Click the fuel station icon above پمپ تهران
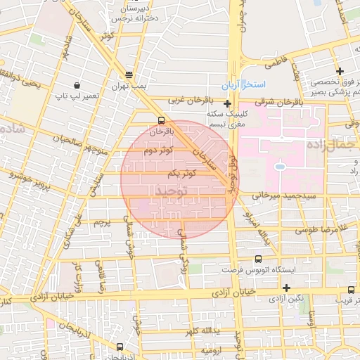click(128, 75)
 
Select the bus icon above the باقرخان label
click(162, 120)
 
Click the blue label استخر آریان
click(249, 84)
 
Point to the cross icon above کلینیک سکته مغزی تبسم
click(227, 103)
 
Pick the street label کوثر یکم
click(181, 173)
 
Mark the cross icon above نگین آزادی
click(286, 288)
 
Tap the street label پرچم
click(103, 222)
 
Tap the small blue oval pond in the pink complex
click(279, 167)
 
